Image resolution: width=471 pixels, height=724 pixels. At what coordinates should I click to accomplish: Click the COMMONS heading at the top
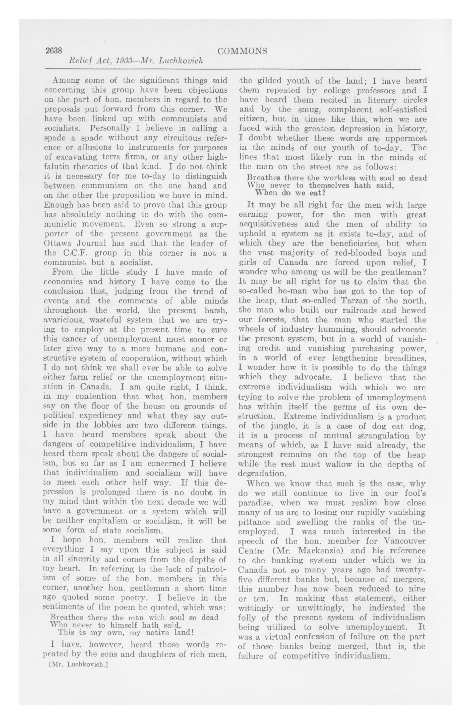(242, 51)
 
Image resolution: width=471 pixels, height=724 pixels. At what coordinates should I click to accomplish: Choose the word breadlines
(400, 358)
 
